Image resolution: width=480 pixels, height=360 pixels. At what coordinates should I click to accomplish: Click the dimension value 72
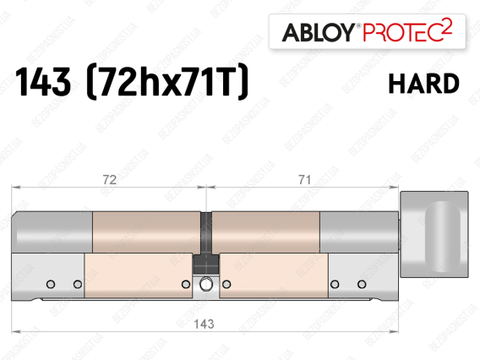coord(110,180)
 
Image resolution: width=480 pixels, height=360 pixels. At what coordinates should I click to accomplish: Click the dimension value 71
coord(304,180)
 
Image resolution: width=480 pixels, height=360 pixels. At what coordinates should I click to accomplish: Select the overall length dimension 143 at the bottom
coord(204,324)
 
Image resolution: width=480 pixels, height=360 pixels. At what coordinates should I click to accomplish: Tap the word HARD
coord(423,84)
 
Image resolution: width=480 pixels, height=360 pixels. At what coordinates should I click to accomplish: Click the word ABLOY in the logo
coord(319,32)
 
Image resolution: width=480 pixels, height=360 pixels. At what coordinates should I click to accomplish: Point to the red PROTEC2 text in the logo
coord(407,30)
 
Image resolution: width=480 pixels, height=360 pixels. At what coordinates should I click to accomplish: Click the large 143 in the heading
coord(43,82)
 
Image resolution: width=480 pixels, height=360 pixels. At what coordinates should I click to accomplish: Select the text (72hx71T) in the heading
coord(167,81)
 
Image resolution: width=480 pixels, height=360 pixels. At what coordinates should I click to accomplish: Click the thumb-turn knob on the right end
coord(434,234)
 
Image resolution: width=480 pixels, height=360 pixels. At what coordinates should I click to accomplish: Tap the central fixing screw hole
coord(205,284)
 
